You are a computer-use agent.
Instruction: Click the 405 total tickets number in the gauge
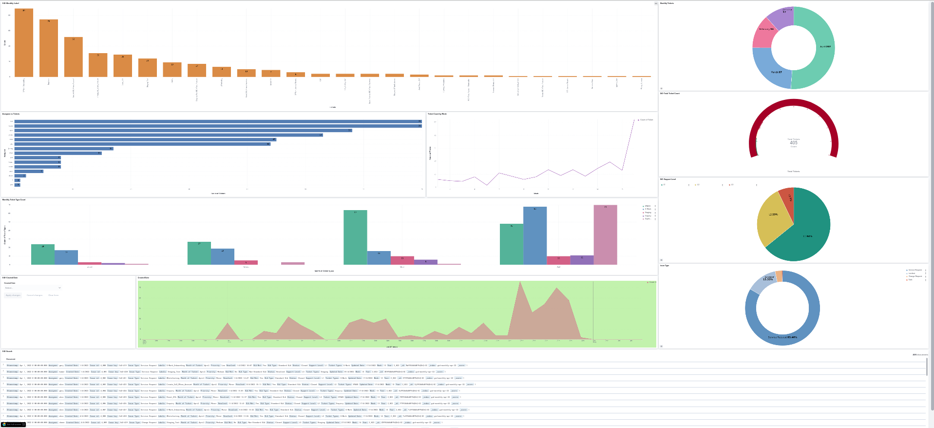[x=793, y=143]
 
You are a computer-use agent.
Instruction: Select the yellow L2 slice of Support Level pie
[x=772, y=217]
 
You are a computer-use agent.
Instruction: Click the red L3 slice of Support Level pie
[x=787, y=196]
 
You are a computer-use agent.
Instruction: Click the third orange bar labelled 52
[x=74, y=57]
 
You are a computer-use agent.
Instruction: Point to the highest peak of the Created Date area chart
[x=521, y=283]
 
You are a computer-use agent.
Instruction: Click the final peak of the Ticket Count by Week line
[x=634, y=120]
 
